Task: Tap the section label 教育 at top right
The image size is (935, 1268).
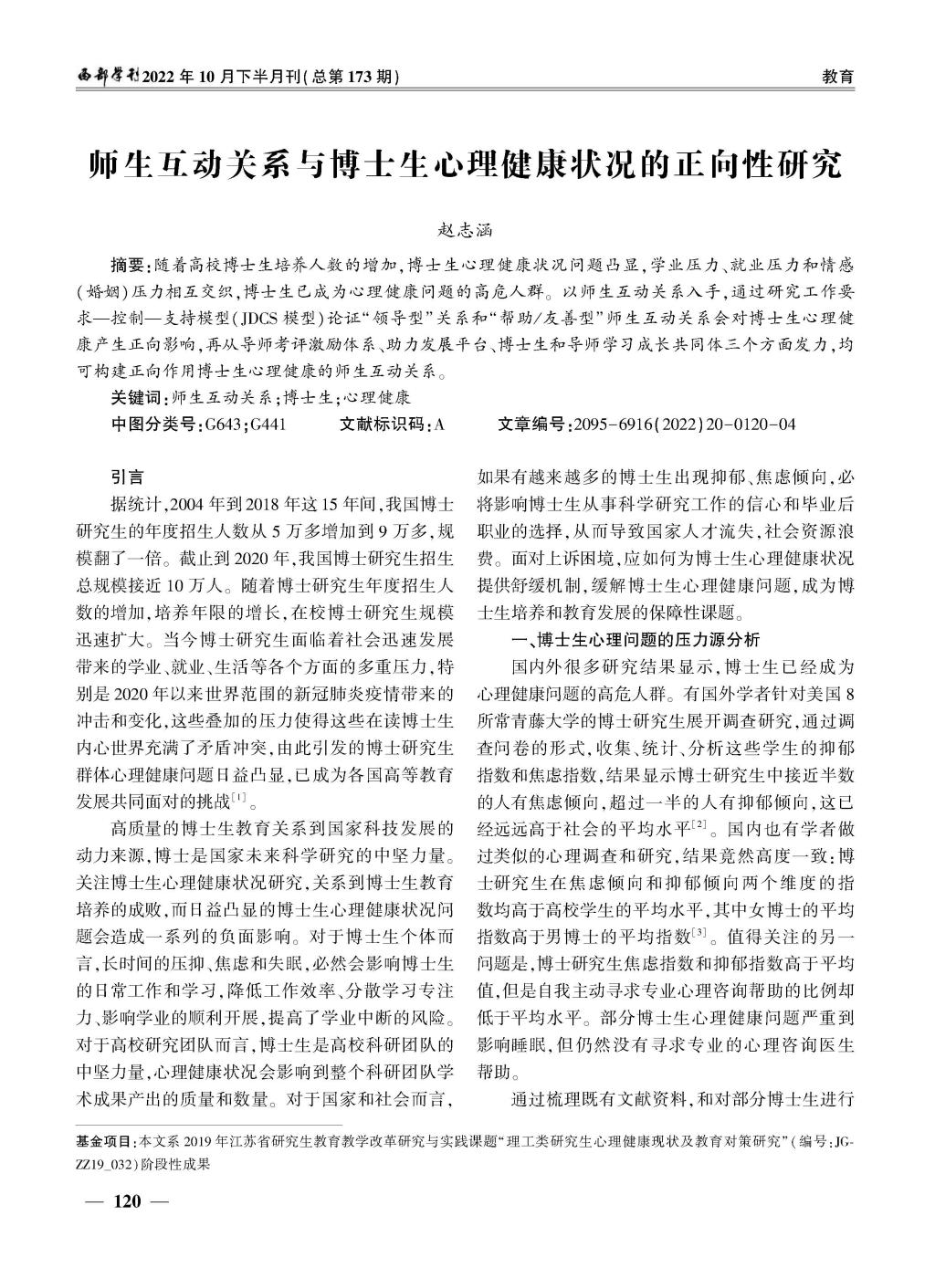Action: [837, 77]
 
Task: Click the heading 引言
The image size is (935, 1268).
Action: [127, 476]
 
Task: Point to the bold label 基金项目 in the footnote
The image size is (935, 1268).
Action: [103, 1141]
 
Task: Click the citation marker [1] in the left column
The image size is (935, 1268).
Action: [240, 800]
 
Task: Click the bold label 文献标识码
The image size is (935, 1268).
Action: [382, 424]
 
